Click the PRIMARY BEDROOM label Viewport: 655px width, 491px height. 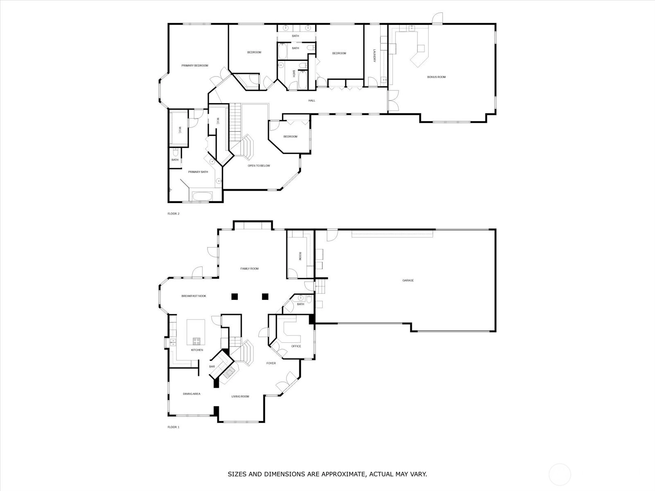[194, 65]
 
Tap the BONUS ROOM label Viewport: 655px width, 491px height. [436, 77]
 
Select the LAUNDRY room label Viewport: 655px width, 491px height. [375, 56]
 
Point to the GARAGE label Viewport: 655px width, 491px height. [408, 280]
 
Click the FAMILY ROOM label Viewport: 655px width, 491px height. [249, 268]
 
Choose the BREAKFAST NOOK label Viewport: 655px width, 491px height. [194, 296]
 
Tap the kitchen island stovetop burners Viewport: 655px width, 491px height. [196, 341]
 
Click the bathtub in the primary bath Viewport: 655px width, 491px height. [202, 196]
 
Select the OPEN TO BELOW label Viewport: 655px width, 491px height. [259, 166]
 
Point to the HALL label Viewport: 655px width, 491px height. [312, 101]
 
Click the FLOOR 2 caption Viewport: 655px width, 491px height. [174, 214]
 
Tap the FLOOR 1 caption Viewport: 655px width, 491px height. [174, 427]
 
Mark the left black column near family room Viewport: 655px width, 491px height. [235, 296]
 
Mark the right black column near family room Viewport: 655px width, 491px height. [265, 296]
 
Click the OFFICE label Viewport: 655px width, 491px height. [296, 346]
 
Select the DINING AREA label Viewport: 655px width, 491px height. [192, 394]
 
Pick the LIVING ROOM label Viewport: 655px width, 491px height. [240, 396]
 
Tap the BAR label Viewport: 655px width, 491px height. [212, 366]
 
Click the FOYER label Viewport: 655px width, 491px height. [271, 363]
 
